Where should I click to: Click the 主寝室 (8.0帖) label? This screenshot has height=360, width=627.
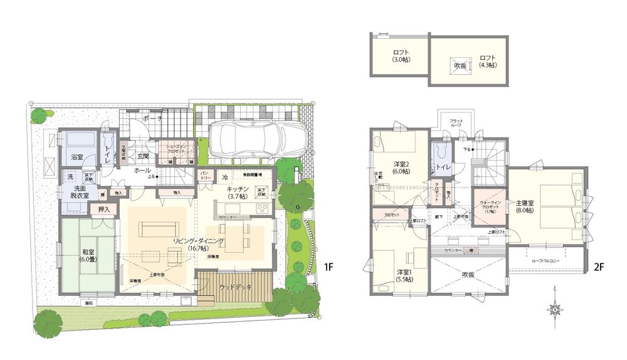pos(524,207)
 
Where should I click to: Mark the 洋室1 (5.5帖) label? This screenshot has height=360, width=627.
pos(404,276)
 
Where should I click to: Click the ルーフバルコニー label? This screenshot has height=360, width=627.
pos(545,260)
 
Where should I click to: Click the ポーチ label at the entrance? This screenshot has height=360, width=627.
pos(152,119)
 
